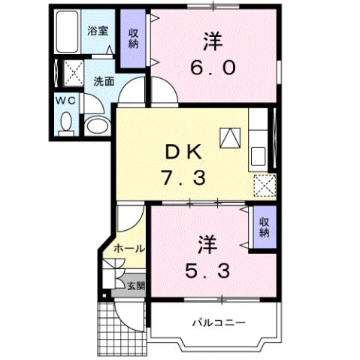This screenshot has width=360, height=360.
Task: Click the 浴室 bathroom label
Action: click(x=97, y=31)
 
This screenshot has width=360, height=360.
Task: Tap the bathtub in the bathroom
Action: click(x=68, y=32)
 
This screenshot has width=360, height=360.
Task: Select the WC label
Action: click(x=65, y=98)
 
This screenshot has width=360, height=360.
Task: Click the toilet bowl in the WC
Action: click(x=65, y=122)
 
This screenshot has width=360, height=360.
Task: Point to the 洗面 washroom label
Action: click(x=104, y=81)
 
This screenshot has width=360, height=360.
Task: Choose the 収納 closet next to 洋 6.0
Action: click(x=133, y=39)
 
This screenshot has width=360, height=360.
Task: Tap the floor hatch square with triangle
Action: click(x=229, y=137)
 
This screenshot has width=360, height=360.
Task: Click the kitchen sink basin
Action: click(x=259, y=157)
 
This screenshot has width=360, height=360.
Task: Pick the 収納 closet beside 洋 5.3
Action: click(x=264, y=227)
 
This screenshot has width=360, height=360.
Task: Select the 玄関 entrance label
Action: click(x=135, y=285)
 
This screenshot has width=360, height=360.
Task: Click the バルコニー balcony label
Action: click(x=217, y=325)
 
